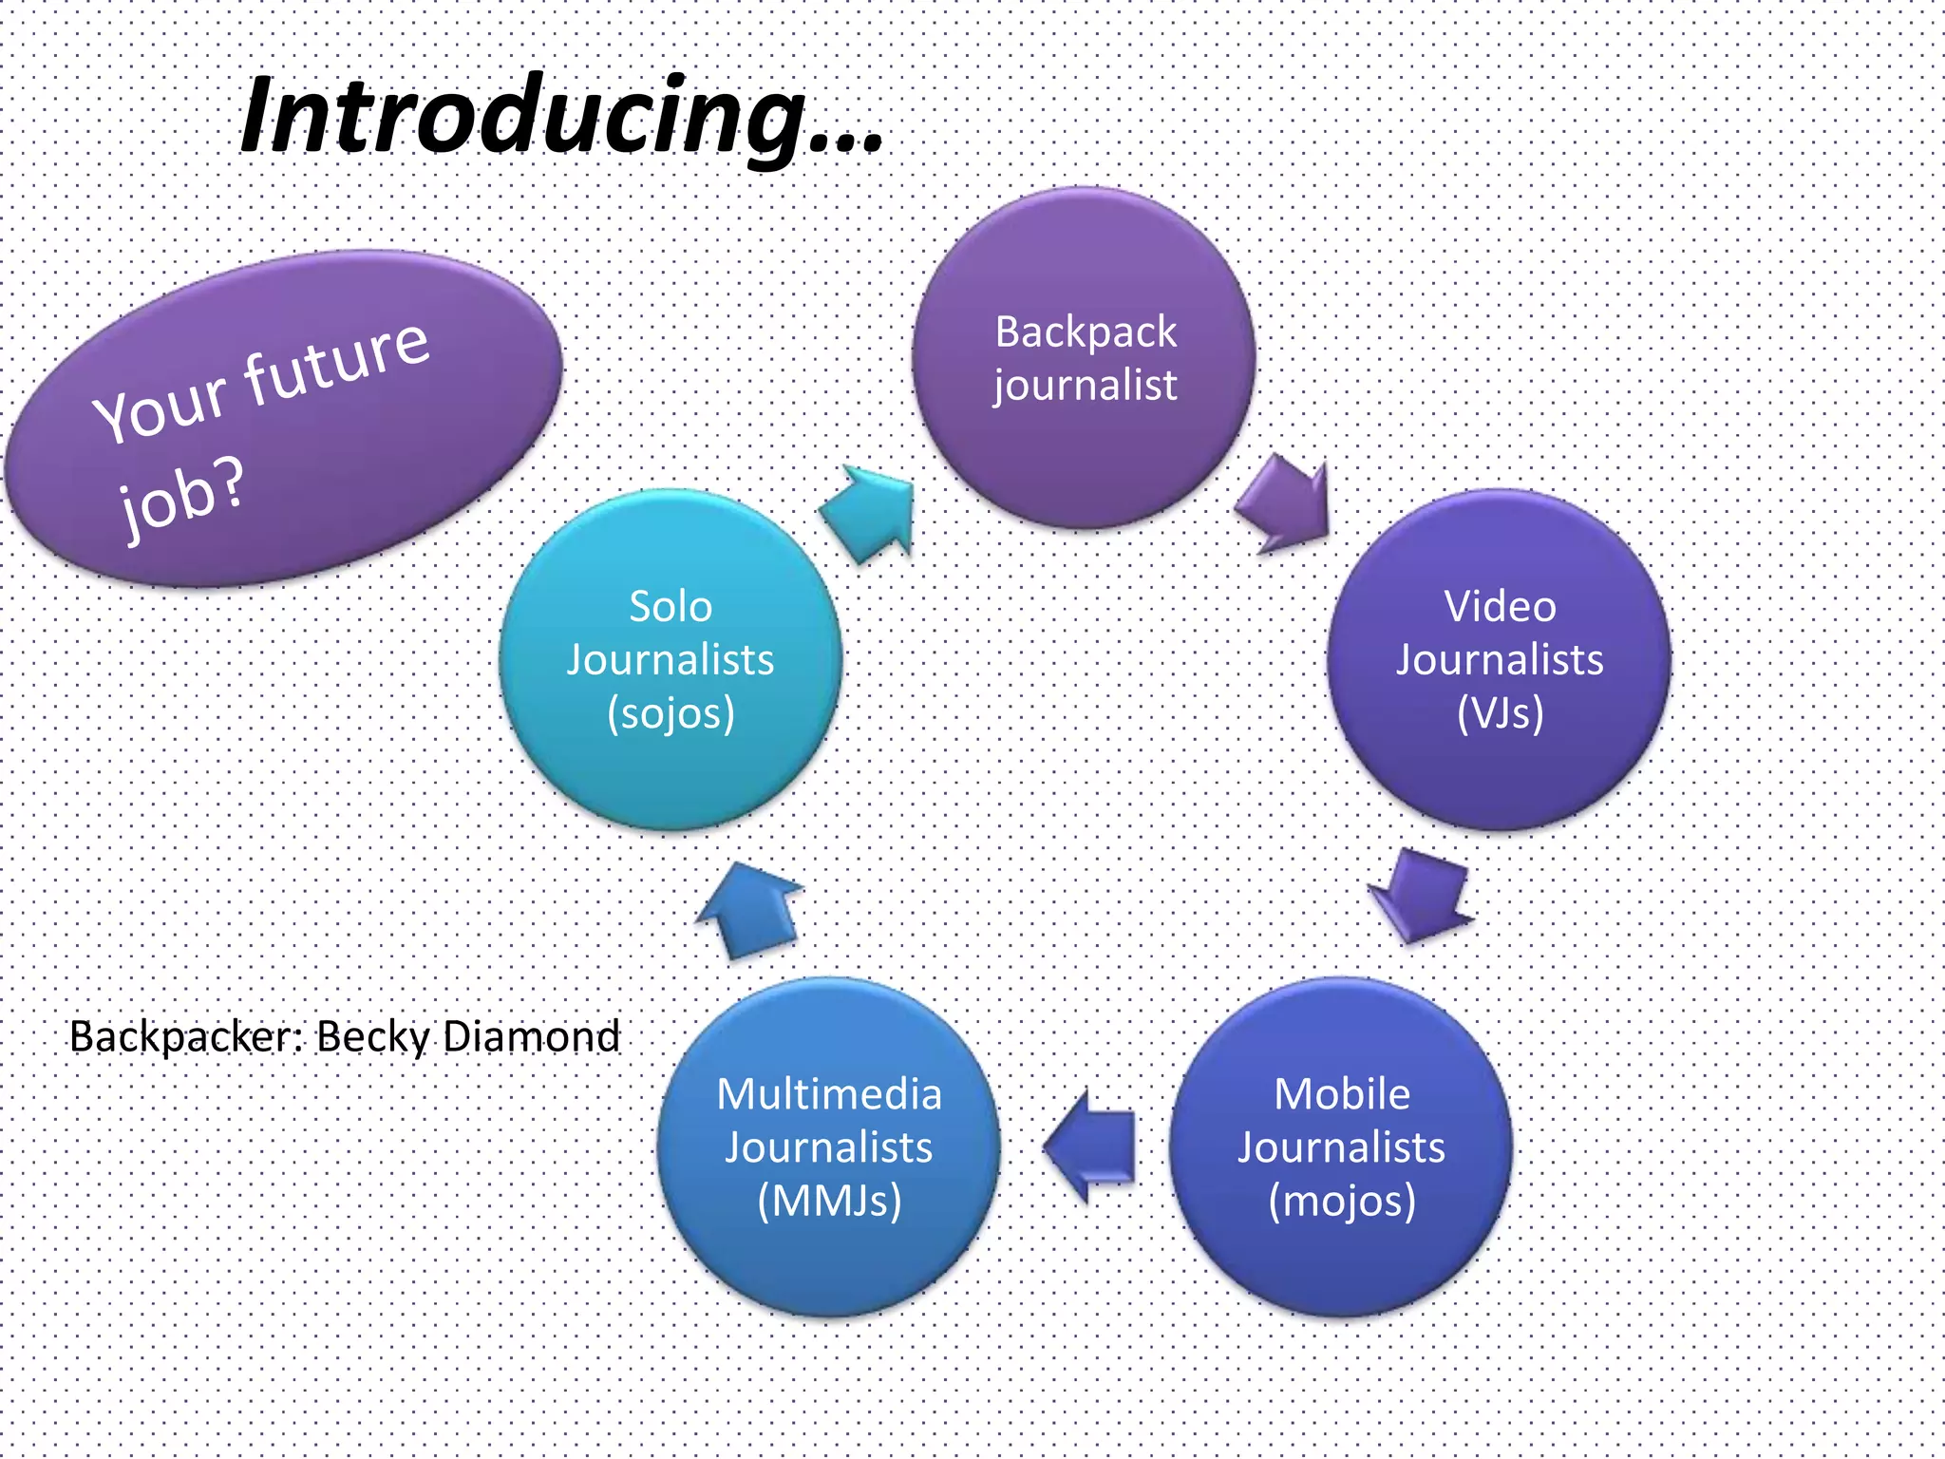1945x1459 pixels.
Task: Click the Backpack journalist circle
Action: (x=1084, y=358)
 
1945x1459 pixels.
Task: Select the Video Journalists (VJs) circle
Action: (x=1499, y=659)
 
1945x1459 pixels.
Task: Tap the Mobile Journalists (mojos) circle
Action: (x=1340, y=1146)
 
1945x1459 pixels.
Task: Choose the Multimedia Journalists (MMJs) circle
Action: (x=828, y=1146)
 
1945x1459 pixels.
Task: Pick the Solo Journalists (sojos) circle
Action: (x=670, y=659)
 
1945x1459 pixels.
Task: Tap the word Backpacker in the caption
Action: (x=185, y=1036)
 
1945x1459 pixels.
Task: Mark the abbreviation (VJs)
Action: (x=1500, y=712)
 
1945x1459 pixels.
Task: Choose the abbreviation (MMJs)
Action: (x=828, y=1200)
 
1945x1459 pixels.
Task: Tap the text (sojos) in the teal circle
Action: (x=670, y=712)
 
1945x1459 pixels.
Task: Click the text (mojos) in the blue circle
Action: (x=1341, y=1200)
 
